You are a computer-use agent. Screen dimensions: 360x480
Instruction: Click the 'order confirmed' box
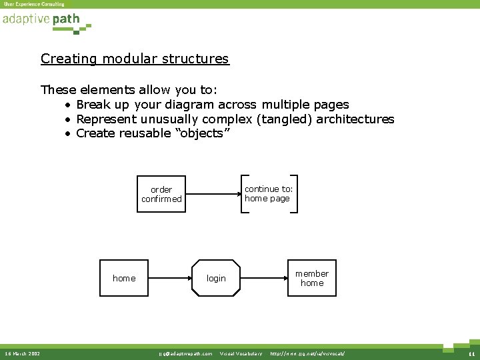click(x=161, y=194)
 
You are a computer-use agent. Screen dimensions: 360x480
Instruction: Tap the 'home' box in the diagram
click(x=124, y=278)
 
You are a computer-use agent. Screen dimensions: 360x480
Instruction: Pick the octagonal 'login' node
click(x=216, y=278)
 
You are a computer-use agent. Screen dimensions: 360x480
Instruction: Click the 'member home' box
click(x=312, y=278)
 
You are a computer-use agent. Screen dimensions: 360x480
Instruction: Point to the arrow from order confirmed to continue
click(x=213, y=194)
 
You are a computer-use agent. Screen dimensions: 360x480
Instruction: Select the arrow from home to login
click(x=169, y=278)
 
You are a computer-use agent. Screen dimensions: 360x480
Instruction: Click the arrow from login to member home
click(x=264, y=278)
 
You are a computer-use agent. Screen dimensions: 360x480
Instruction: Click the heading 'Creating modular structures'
click(x=135, y=59)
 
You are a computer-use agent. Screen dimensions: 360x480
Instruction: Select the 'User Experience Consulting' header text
click(x=34, y=4)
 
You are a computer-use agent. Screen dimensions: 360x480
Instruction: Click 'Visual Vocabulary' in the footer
click(x=241, y=353)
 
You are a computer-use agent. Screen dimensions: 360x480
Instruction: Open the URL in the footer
click(x=307, y=353)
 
